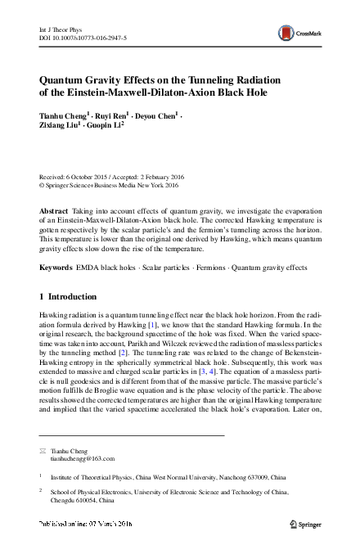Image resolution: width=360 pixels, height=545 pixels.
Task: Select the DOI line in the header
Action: pyautogui.click(x=83, y=37)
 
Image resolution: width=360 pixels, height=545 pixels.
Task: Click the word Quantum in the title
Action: pyautogui.click(x=65, y=79)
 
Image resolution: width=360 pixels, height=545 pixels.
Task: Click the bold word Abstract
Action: pyautogui.click(x=54, y=210)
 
